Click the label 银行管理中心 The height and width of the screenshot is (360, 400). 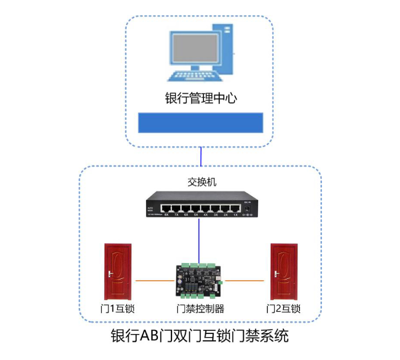(200, 98)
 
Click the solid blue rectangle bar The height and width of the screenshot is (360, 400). (200, 122)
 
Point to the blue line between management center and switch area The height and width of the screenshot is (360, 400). (200, 156)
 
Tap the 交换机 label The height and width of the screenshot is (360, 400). (201, 182)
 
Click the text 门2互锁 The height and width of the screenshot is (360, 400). (283, 308)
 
